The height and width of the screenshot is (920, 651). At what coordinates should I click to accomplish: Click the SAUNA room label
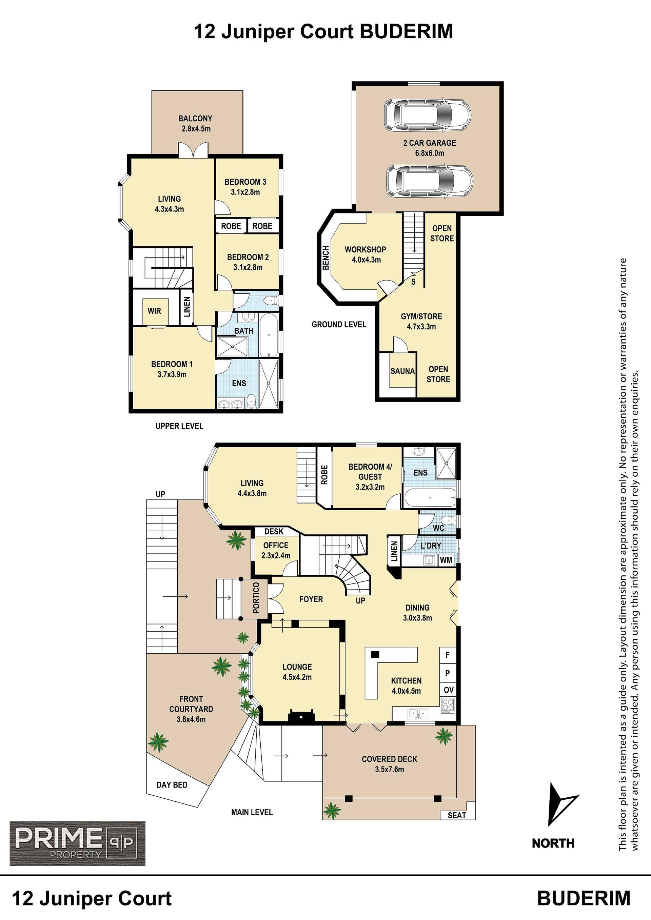click(402, 371)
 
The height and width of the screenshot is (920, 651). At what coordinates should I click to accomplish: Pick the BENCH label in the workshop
click(326, 258)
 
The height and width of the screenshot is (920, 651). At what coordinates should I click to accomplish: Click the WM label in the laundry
click(446, 560)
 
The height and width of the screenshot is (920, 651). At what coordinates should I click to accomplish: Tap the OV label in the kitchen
click(449, 690)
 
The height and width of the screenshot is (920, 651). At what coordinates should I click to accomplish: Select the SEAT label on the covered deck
click(457, 815)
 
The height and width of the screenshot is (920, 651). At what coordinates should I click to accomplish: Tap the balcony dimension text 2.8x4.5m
click(196, 129)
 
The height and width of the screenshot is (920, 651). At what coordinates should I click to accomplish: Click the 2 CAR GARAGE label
click(429, 143)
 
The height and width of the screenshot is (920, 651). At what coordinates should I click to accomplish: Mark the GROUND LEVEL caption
click(339, 324)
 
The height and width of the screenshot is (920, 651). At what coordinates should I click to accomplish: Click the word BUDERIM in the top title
click(407, 31)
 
